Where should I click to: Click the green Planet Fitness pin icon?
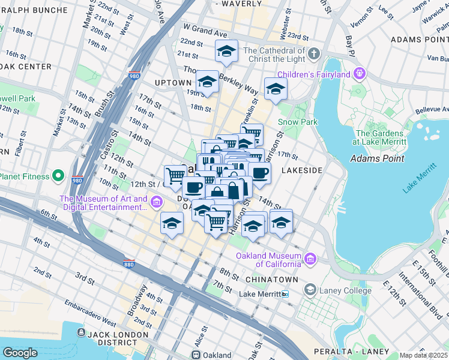[58, 176]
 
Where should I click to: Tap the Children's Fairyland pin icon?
[360, 75]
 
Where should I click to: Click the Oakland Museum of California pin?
[310, 259]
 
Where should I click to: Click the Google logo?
[20, 353]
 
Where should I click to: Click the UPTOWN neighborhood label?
[173, 83]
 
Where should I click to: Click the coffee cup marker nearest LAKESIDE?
[259, 173]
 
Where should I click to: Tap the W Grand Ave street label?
[206, 28]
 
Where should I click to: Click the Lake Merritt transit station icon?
[285, 294]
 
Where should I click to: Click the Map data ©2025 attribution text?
[424, 355]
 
